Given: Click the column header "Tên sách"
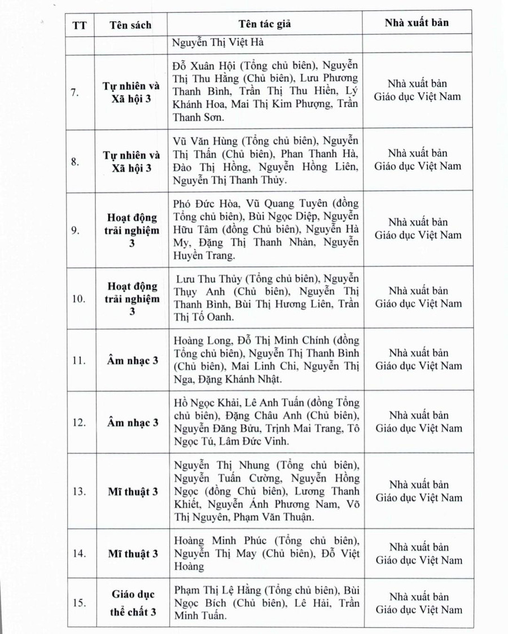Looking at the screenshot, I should pos(130,25).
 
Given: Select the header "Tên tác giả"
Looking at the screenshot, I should pos(265,24).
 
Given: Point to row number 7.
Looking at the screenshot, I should pos(76,93).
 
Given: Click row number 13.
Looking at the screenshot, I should pos(78,492).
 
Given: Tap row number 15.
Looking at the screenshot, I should pos(78,603).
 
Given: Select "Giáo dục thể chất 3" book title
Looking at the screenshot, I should pos(132,603).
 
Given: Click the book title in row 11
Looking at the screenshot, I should pos(132,361).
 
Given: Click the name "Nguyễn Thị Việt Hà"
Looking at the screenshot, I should pos(218,42).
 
